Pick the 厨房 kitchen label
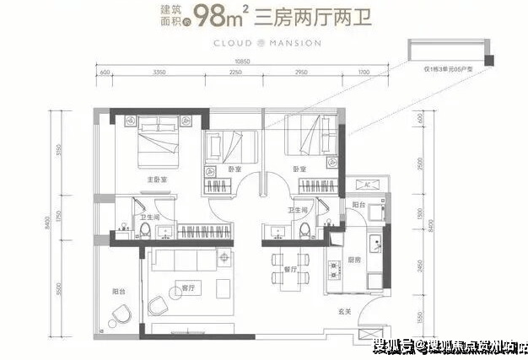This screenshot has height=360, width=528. pyautogui.click(x=355, y=261)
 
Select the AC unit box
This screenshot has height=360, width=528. pyautogui.click(x=369, y=185)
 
